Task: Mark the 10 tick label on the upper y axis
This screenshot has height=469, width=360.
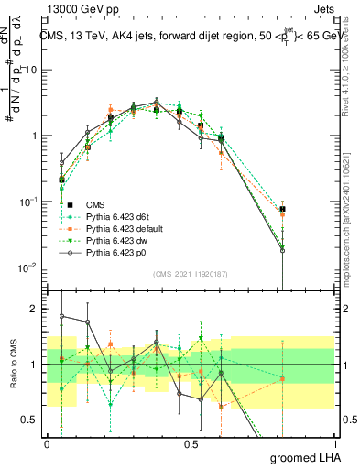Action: tap(30, 70)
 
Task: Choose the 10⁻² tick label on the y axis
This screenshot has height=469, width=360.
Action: tap(28, 267)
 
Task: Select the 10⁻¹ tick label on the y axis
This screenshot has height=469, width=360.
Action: tap(28, 202)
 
